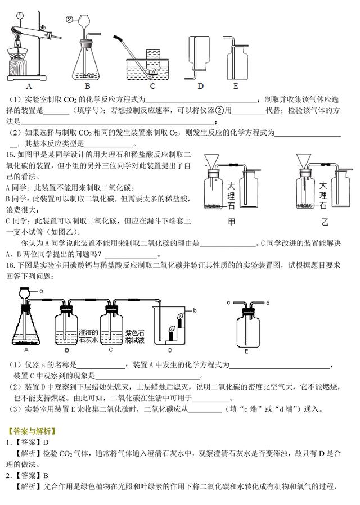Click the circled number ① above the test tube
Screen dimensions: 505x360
click(20, 16)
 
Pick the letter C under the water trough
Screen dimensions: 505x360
click(152, 86)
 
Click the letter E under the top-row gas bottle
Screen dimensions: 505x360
click(236, 86)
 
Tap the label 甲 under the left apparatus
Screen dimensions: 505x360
click(231, 222)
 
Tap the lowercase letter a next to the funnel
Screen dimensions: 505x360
click(42, 291)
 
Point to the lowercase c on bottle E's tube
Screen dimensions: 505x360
click(228, 303)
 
